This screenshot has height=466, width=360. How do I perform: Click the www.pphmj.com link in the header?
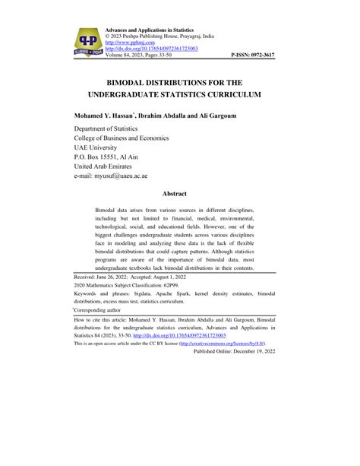point(130,40)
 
